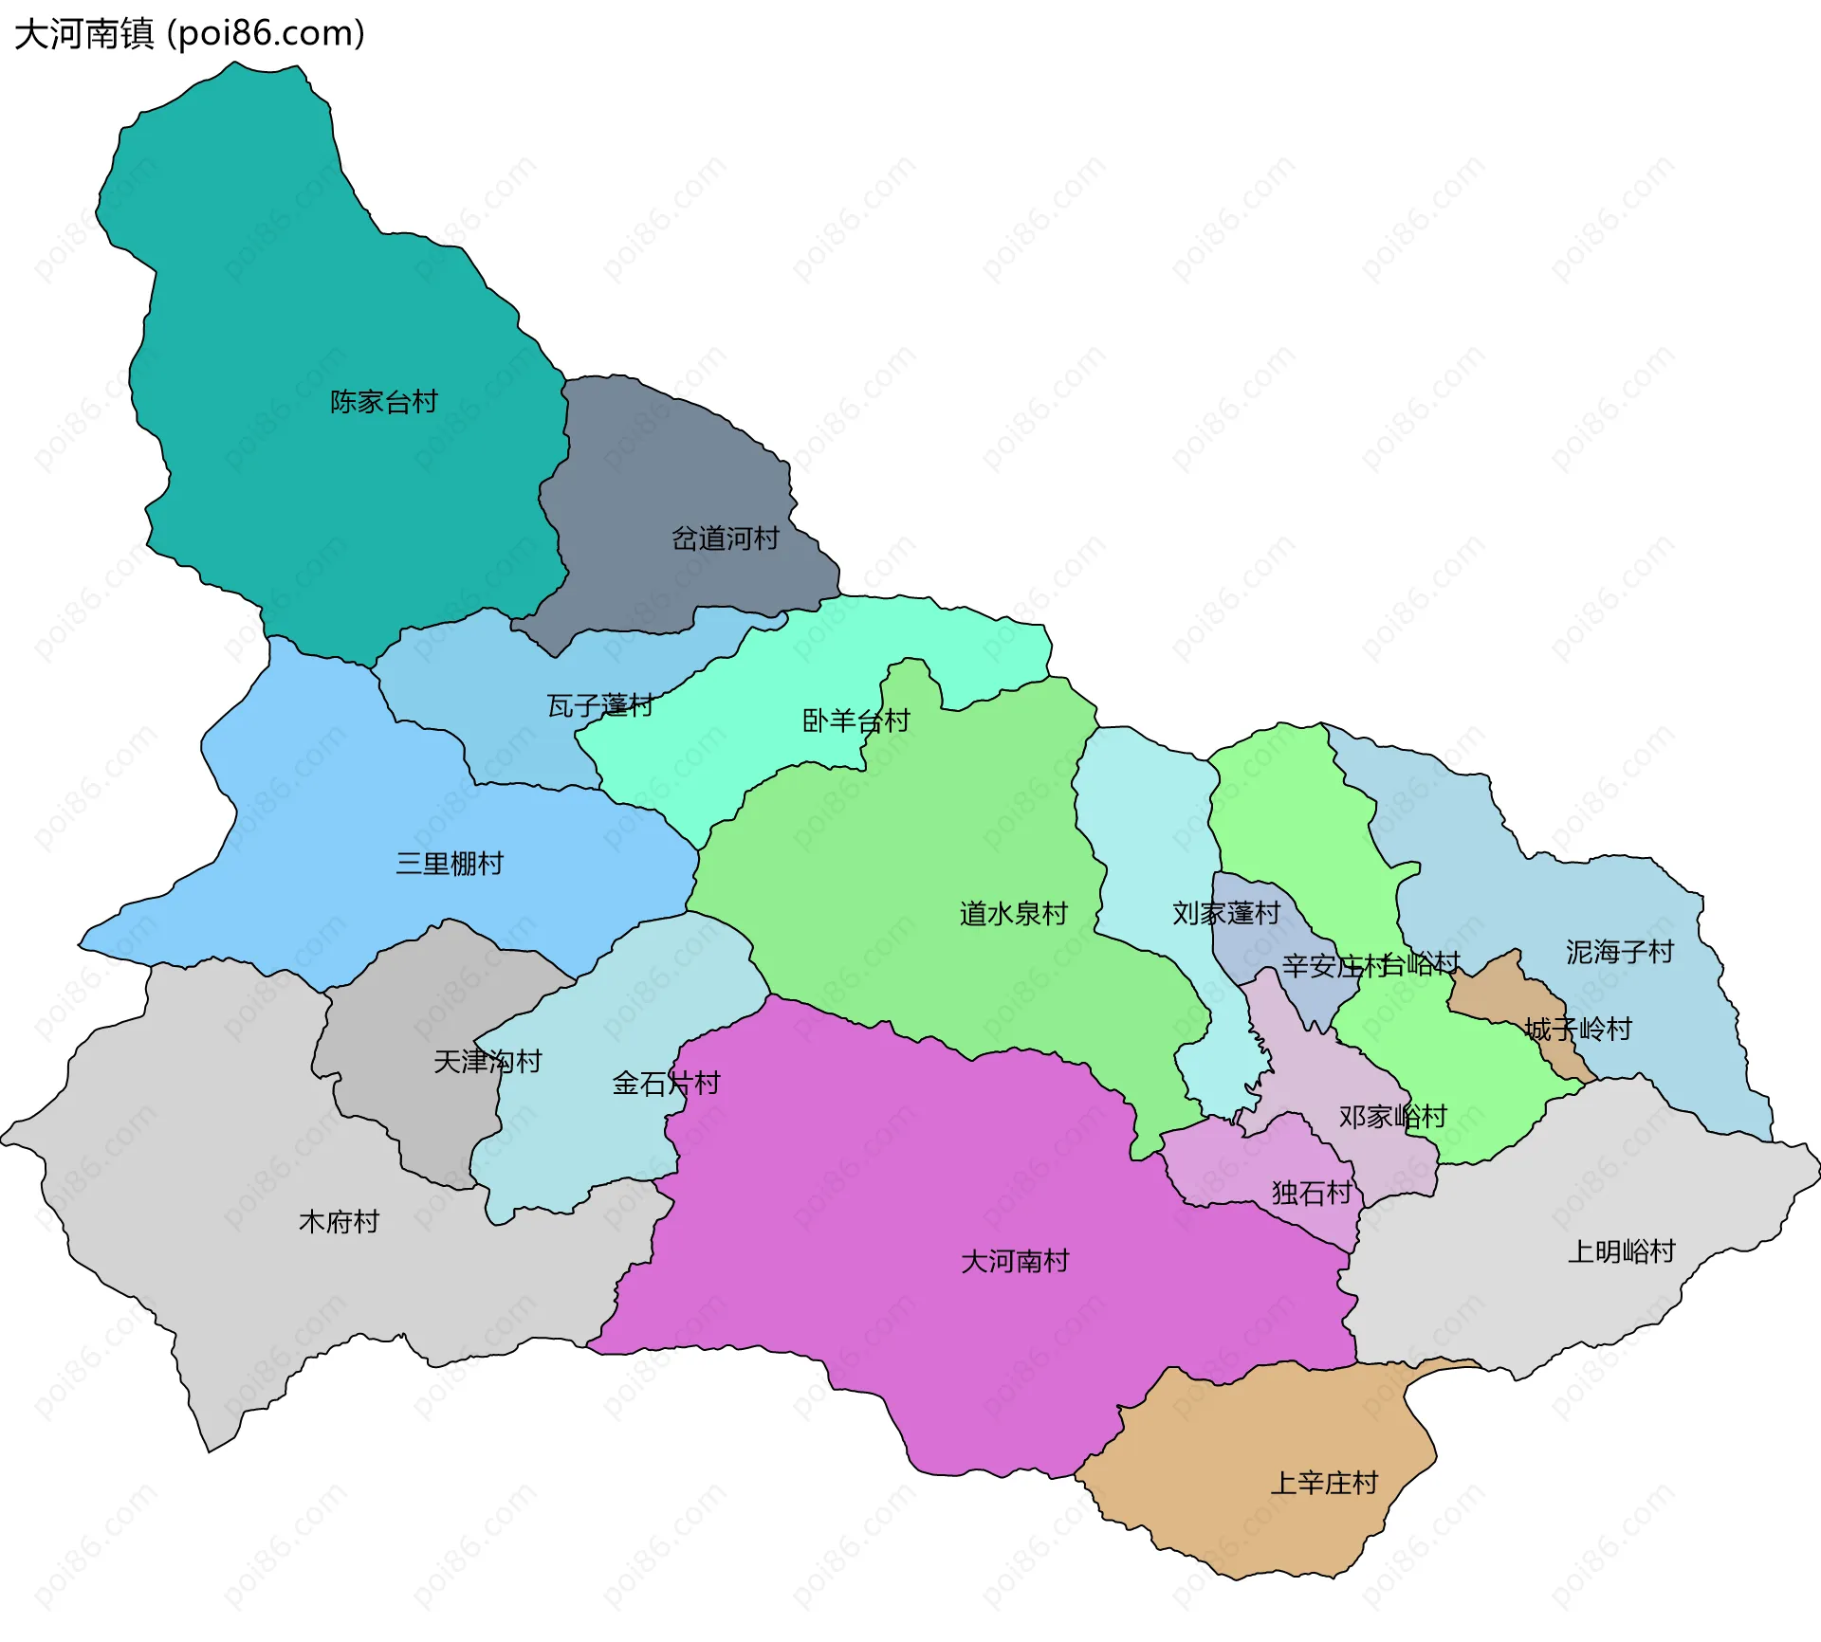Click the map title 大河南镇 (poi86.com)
pos(190,34)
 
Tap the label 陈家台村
pos(384,402)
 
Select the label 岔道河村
pos(726,538)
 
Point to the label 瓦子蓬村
pos(599,705)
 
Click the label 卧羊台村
pos(855,721)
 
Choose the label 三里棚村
pos(450,864)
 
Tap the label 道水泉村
pos(1014,914)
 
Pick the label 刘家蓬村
pos(1226,913)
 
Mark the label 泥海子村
pos(1620,952)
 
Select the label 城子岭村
pos(1579,1029)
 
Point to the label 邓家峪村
pos(1392,1117)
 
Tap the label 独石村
pos(1312,1193)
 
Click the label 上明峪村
pos(1622,1251)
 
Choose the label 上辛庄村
pos(1324,1483)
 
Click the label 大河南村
pos(1015,1261)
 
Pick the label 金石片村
pos(666,1083)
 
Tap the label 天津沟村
pos(487,1061)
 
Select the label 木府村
pos(339,1221)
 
